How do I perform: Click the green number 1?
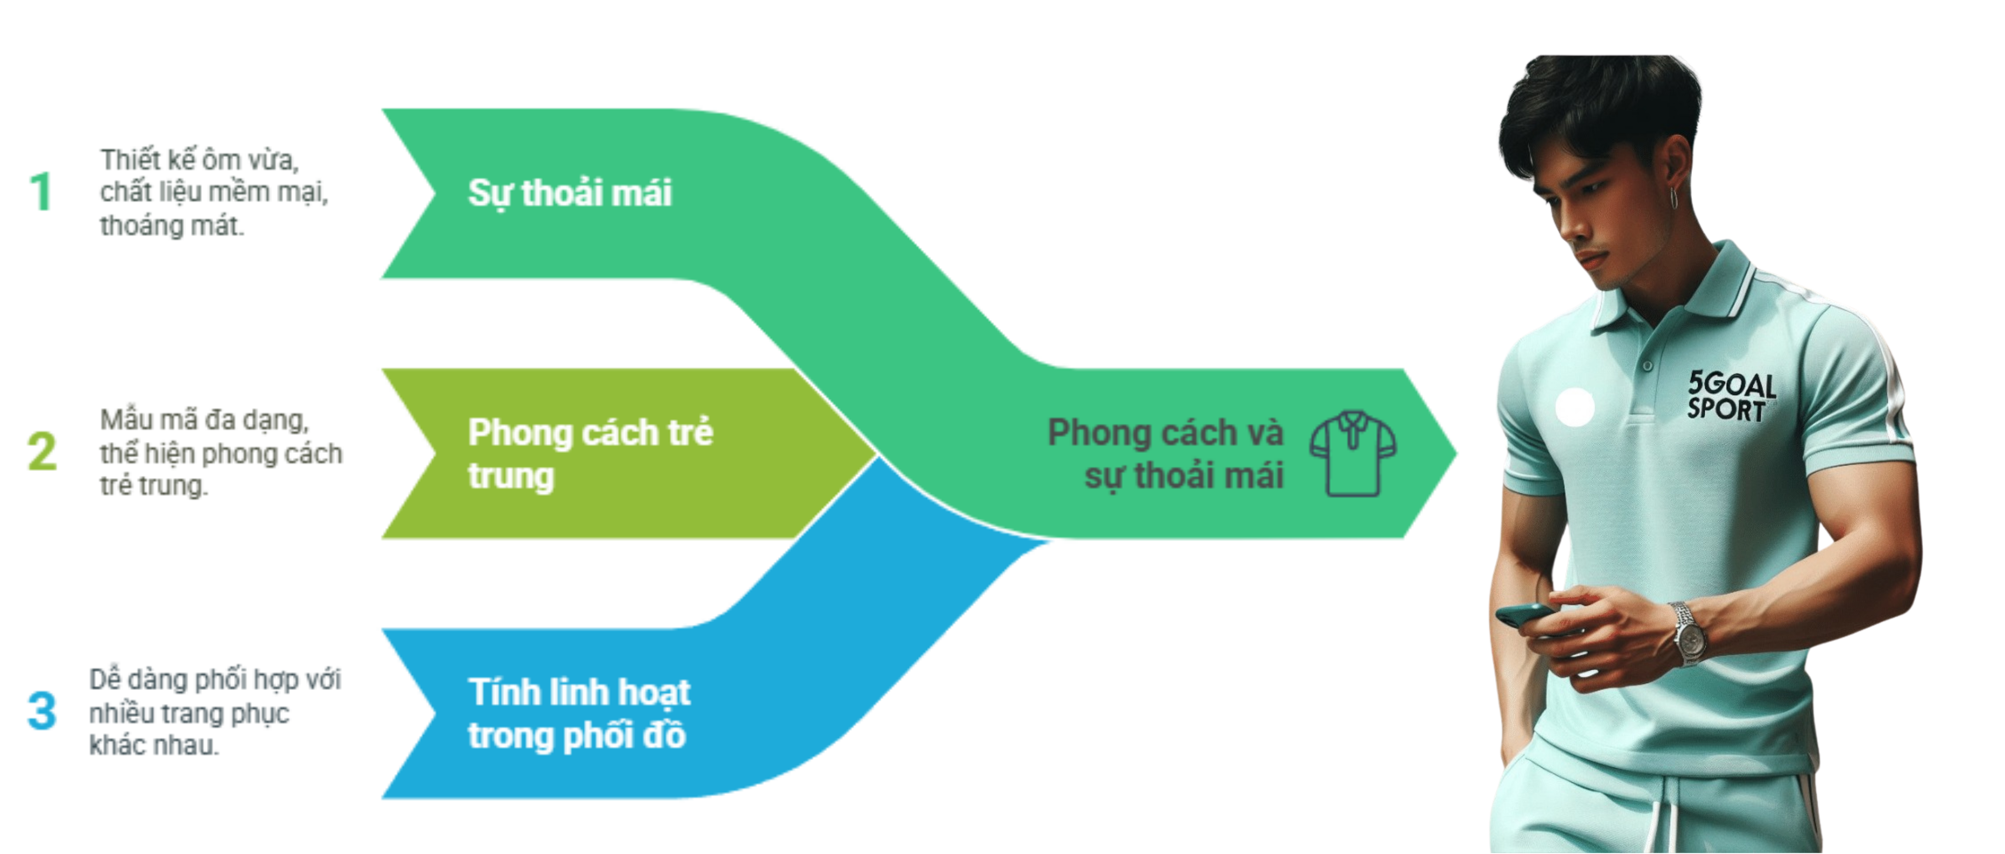point(41,192)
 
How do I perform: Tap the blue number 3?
point(42,710)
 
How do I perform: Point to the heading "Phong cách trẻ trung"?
point(589,453)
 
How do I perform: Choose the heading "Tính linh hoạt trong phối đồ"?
point(578,713)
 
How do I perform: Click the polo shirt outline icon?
point(1353,453)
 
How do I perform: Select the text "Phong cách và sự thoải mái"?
point(1165,453)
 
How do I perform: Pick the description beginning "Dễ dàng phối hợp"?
point(214,711)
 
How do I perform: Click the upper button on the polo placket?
point(1647,365)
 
